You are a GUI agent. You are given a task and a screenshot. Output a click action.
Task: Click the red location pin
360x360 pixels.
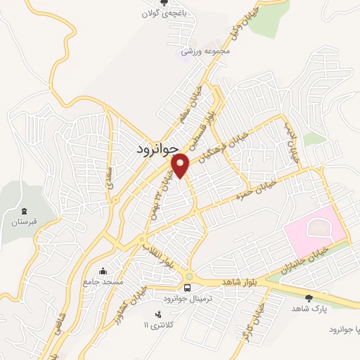[x=181, y=165]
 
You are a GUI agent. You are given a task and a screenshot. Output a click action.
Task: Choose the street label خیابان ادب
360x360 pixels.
[x=292, y=141]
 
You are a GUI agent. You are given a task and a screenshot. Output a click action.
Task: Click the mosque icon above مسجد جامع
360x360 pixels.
[x=104, y=271]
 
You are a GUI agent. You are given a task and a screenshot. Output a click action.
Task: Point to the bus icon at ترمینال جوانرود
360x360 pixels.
[x=187, y=288]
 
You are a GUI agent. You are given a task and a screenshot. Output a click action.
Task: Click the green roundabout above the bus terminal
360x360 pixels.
[x=188, y=276]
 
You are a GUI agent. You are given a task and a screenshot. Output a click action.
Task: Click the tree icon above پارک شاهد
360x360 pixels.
[x=307, y=297]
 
